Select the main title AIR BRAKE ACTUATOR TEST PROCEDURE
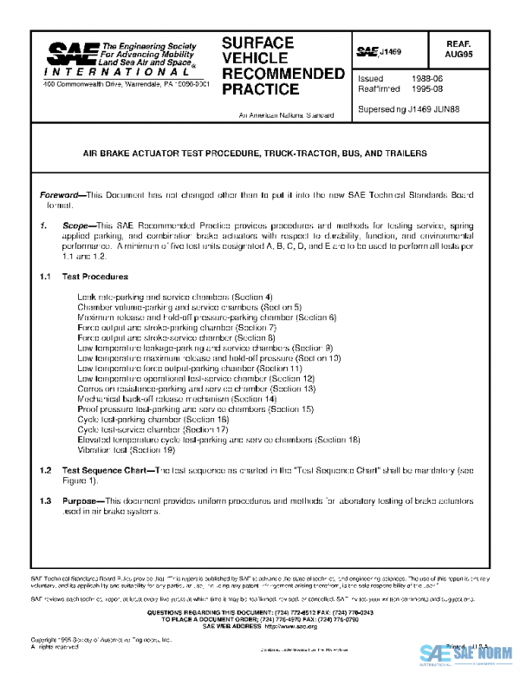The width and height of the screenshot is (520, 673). point(254,154)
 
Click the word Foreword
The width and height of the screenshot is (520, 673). point(62,197)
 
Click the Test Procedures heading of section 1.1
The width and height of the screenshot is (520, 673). point(95,277)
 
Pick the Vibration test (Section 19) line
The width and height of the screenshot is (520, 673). point(127,450)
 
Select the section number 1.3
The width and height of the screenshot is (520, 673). point(46,501)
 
